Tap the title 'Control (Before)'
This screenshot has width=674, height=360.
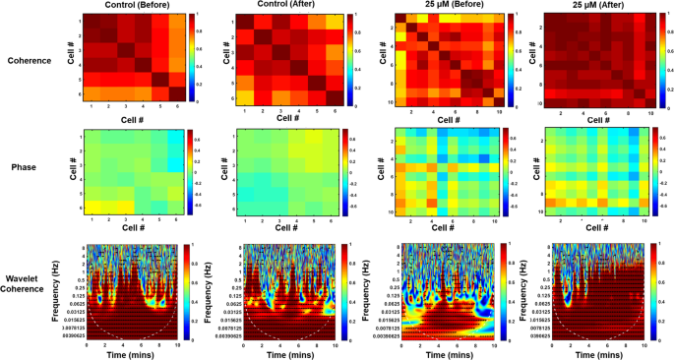(124, 6)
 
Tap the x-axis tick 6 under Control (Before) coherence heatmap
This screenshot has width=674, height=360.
(162, 106)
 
